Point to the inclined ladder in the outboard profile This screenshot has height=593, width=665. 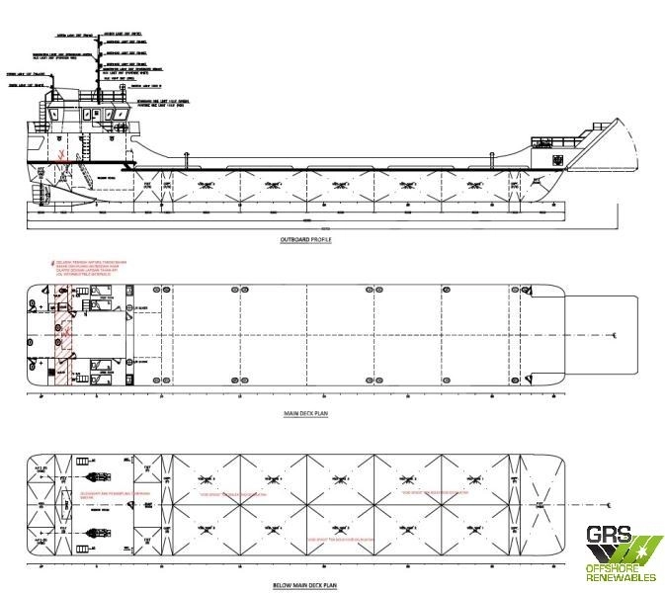pyautogui.click(x=87, y=147)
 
